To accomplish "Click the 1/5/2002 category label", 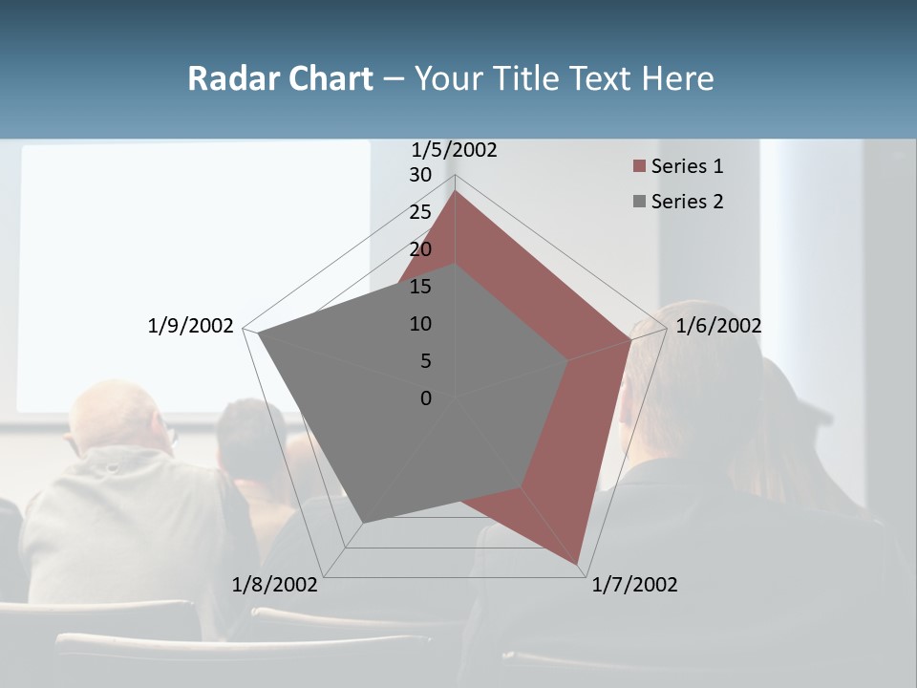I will tap(455, 150).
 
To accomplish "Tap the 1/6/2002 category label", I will tap(718, 326).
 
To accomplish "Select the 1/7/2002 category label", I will tap(634, 585).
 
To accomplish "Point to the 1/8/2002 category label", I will tap(275, 585).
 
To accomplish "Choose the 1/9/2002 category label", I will tap(191, 326).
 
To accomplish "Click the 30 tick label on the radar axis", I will tap(420, 175).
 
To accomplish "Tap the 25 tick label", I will tap(420, 212).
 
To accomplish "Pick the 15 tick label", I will tap(420, 287).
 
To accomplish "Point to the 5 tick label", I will tap(426, 361).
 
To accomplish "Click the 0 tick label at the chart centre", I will tap(426, 398).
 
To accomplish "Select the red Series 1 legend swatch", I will tap(639, 166).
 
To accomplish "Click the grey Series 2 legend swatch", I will tap(639, 202).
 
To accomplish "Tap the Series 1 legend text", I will tap(687, 166).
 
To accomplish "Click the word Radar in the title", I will tap(229, 78).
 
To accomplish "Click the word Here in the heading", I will tap(677, 78).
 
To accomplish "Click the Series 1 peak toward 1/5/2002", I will tap(455, 191).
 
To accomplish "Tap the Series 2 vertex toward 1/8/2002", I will tap(362, 523).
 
